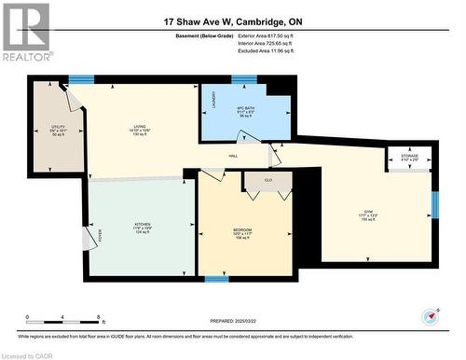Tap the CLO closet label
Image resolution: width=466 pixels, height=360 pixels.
268,179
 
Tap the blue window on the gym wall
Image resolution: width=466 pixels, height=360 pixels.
433,204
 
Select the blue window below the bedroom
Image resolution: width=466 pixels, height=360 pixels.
216,279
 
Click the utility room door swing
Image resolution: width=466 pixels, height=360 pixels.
70,95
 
